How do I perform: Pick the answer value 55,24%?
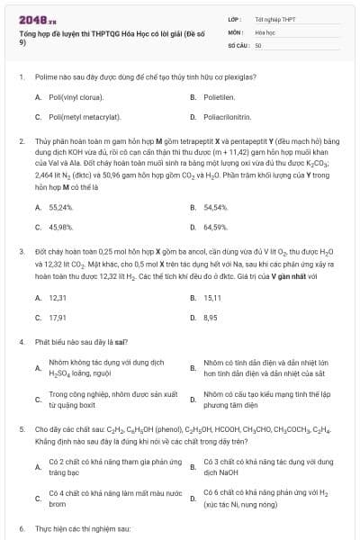coord(60,207)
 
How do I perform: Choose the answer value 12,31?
coord(58,297)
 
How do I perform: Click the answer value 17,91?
coord(58,318)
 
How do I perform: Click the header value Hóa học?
coord(265,31)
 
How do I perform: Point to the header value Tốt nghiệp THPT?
coord(272,18)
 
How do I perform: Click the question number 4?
coord(21,343)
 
